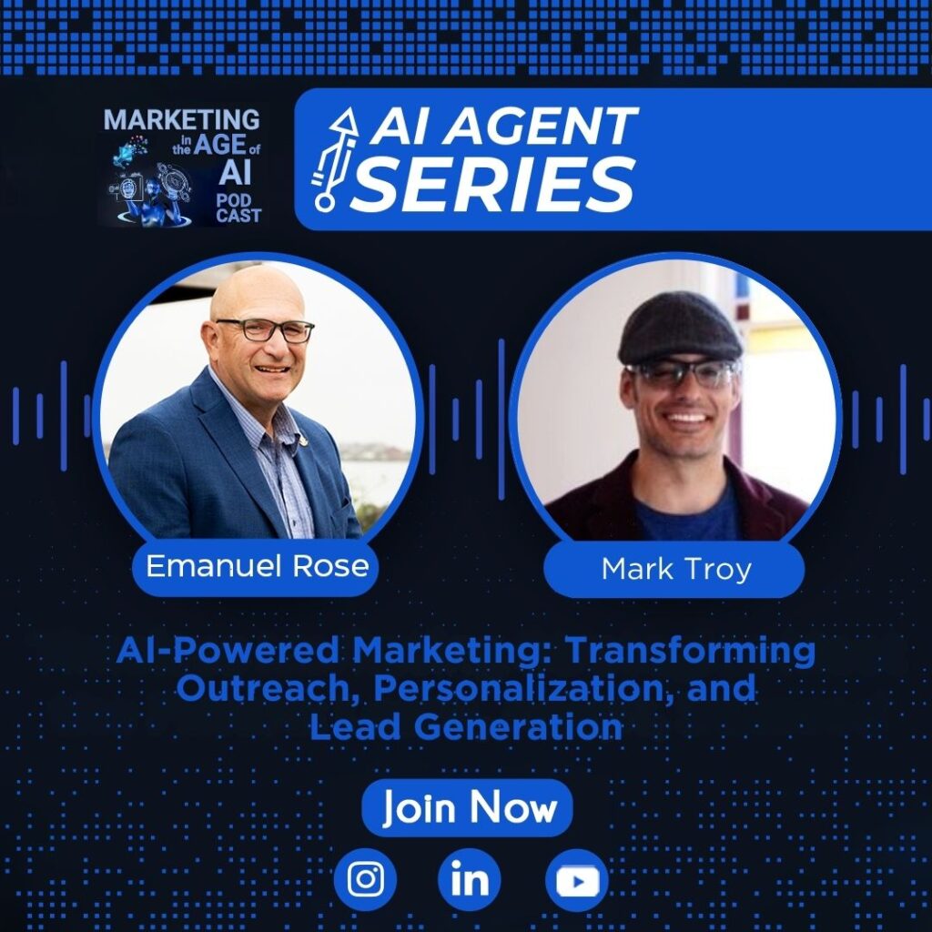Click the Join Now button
coord(467,808)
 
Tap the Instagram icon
coord(365,880)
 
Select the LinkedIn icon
coord(470,880)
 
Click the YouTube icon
coord(576,880)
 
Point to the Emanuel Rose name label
coord(256,566)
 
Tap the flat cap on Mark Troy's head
coord(679,328)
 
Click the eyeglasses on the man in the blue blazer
coord(265,329)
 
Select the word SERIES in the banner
coord(493,184)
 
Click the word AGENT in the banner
coord(541,126)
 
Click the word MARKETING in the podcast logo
coord(181,119)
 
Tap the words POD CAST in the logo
coord(238,208)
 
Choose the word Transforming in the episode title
coord(690,652)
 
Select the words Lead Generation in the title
coord(466,726)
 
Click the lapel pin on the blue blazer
coord(304,441)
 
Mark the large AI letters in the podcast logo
coord(235,172)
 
